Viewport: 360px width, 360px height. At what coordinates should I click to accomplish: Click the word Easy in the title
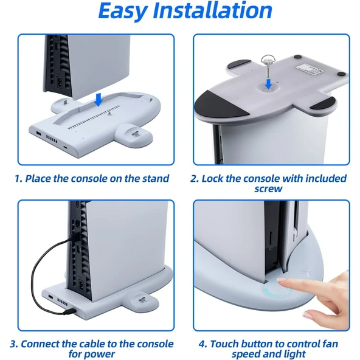pyautogui.click(x=123, y=12)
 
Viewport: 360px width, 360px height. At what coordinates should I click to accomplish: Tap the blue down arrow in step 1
pyautogui.click(x=99, y=100)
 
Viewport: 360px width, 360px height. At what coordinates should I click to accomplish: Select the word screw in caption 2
pyautogui.click(x=268, y=189)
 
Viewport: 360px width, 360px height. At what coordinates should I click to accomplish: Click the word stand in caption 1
pyautogui.click(x=156, y=178)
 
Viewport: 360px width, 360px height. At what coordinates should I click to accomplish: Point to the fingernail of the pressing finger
pyautogui.click(x=282, y=280)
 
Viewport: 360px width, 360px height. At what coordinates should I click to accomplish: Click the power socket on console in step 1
pyautogui.click(x=60, y=82)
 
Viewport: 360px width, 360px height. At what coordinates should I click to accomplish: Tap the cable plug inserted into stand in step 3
pyautogui.click(x=71, y=311)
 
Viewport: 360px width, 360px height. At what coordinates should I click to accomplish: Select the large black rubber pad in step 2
pyautogui.click(x=220, y=104)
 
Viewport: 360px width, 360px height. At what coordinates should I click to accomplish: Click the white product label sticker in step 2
pyautogui.click(x=310, y=69)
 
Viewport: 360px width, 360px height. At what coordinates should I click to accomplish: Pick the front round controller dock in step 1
pyautogui.click(x=134, y=134)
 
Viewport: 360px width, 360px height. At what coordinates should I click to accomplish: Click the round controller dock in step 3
pyautogui.click(x=141, y=301)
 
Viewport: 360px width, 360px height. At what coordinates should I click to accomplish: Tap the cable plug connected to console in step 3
pyautogui.click(x=75, y=237)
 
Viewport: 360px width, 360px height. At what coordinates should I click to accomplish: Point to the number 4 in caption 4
pyautogui.click(x=202, y=344)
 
